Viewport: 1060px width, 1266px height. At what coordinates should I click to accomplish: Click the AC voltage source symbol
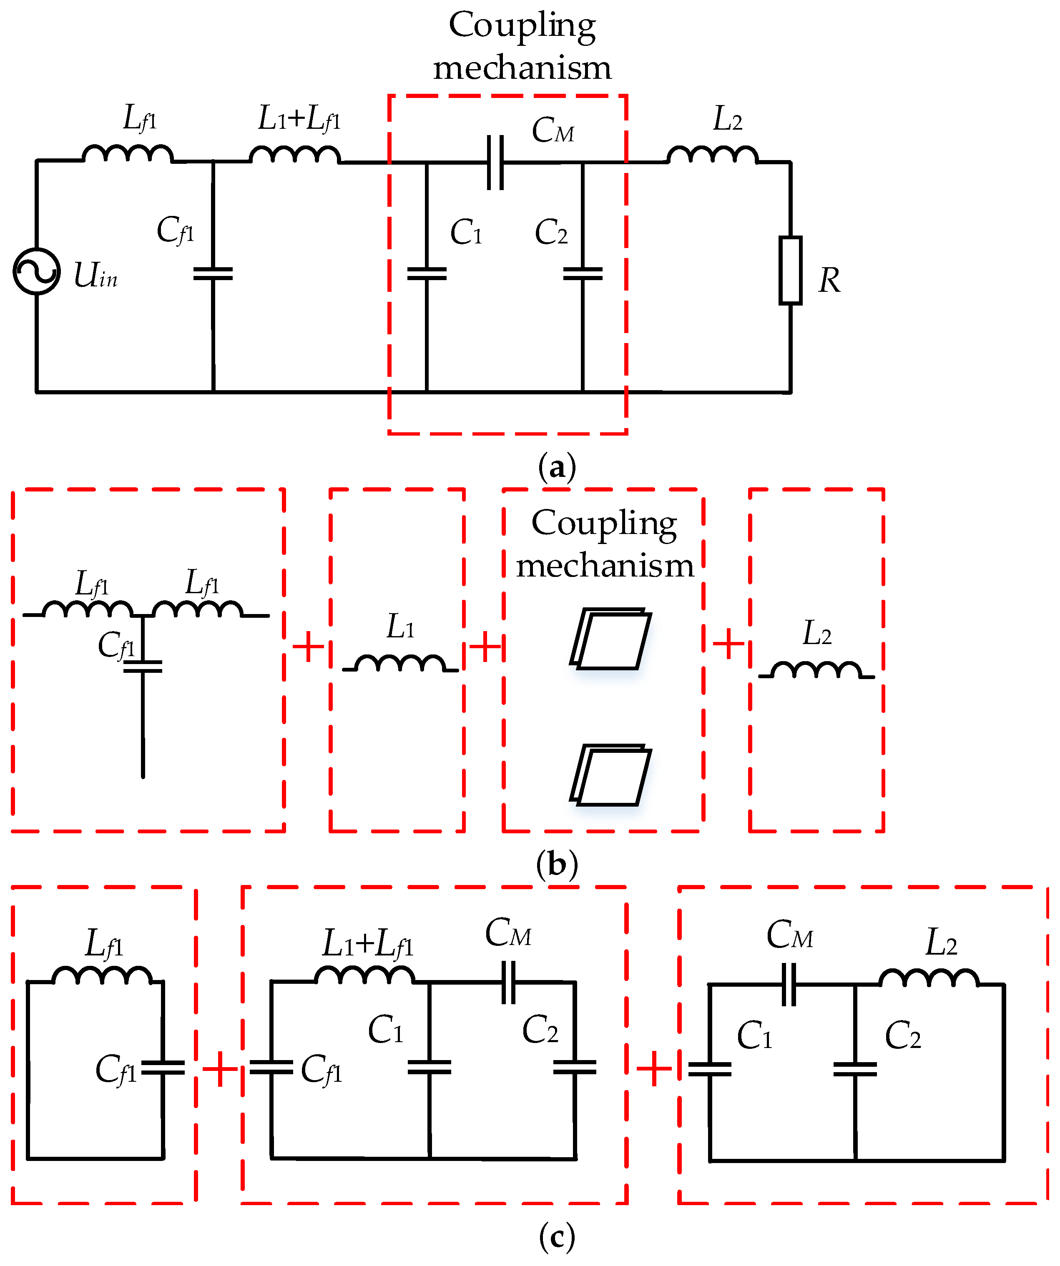(x=36, y=271)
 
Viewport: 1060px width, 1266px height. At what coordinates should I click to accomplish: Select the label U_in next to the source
(x=95, y=276)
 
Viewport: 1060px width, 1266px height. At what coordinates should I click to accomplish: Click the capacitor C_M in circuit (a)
(x=495, y=162)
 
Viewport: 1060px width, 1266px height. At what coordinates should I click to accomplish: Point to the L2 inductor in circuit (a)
(x=712, y=155)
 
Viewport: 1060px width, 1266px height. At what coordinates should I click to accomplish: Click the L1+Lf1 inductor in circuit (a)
(x=295, y=155)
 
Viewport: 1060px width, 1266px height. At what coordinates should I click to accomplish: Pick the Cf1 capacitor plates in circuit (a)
(x=213, y=274)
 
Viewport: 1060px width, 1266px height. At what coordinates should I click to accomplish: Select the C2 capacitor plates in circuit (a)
(x=583, y=274)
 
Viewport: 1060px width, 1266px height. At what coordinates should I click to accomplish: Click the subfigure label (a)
(x=557, y=467)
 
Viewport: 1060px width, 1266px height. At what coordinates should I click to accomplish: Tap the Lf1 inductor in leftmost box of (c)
(x=101, y=975)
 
